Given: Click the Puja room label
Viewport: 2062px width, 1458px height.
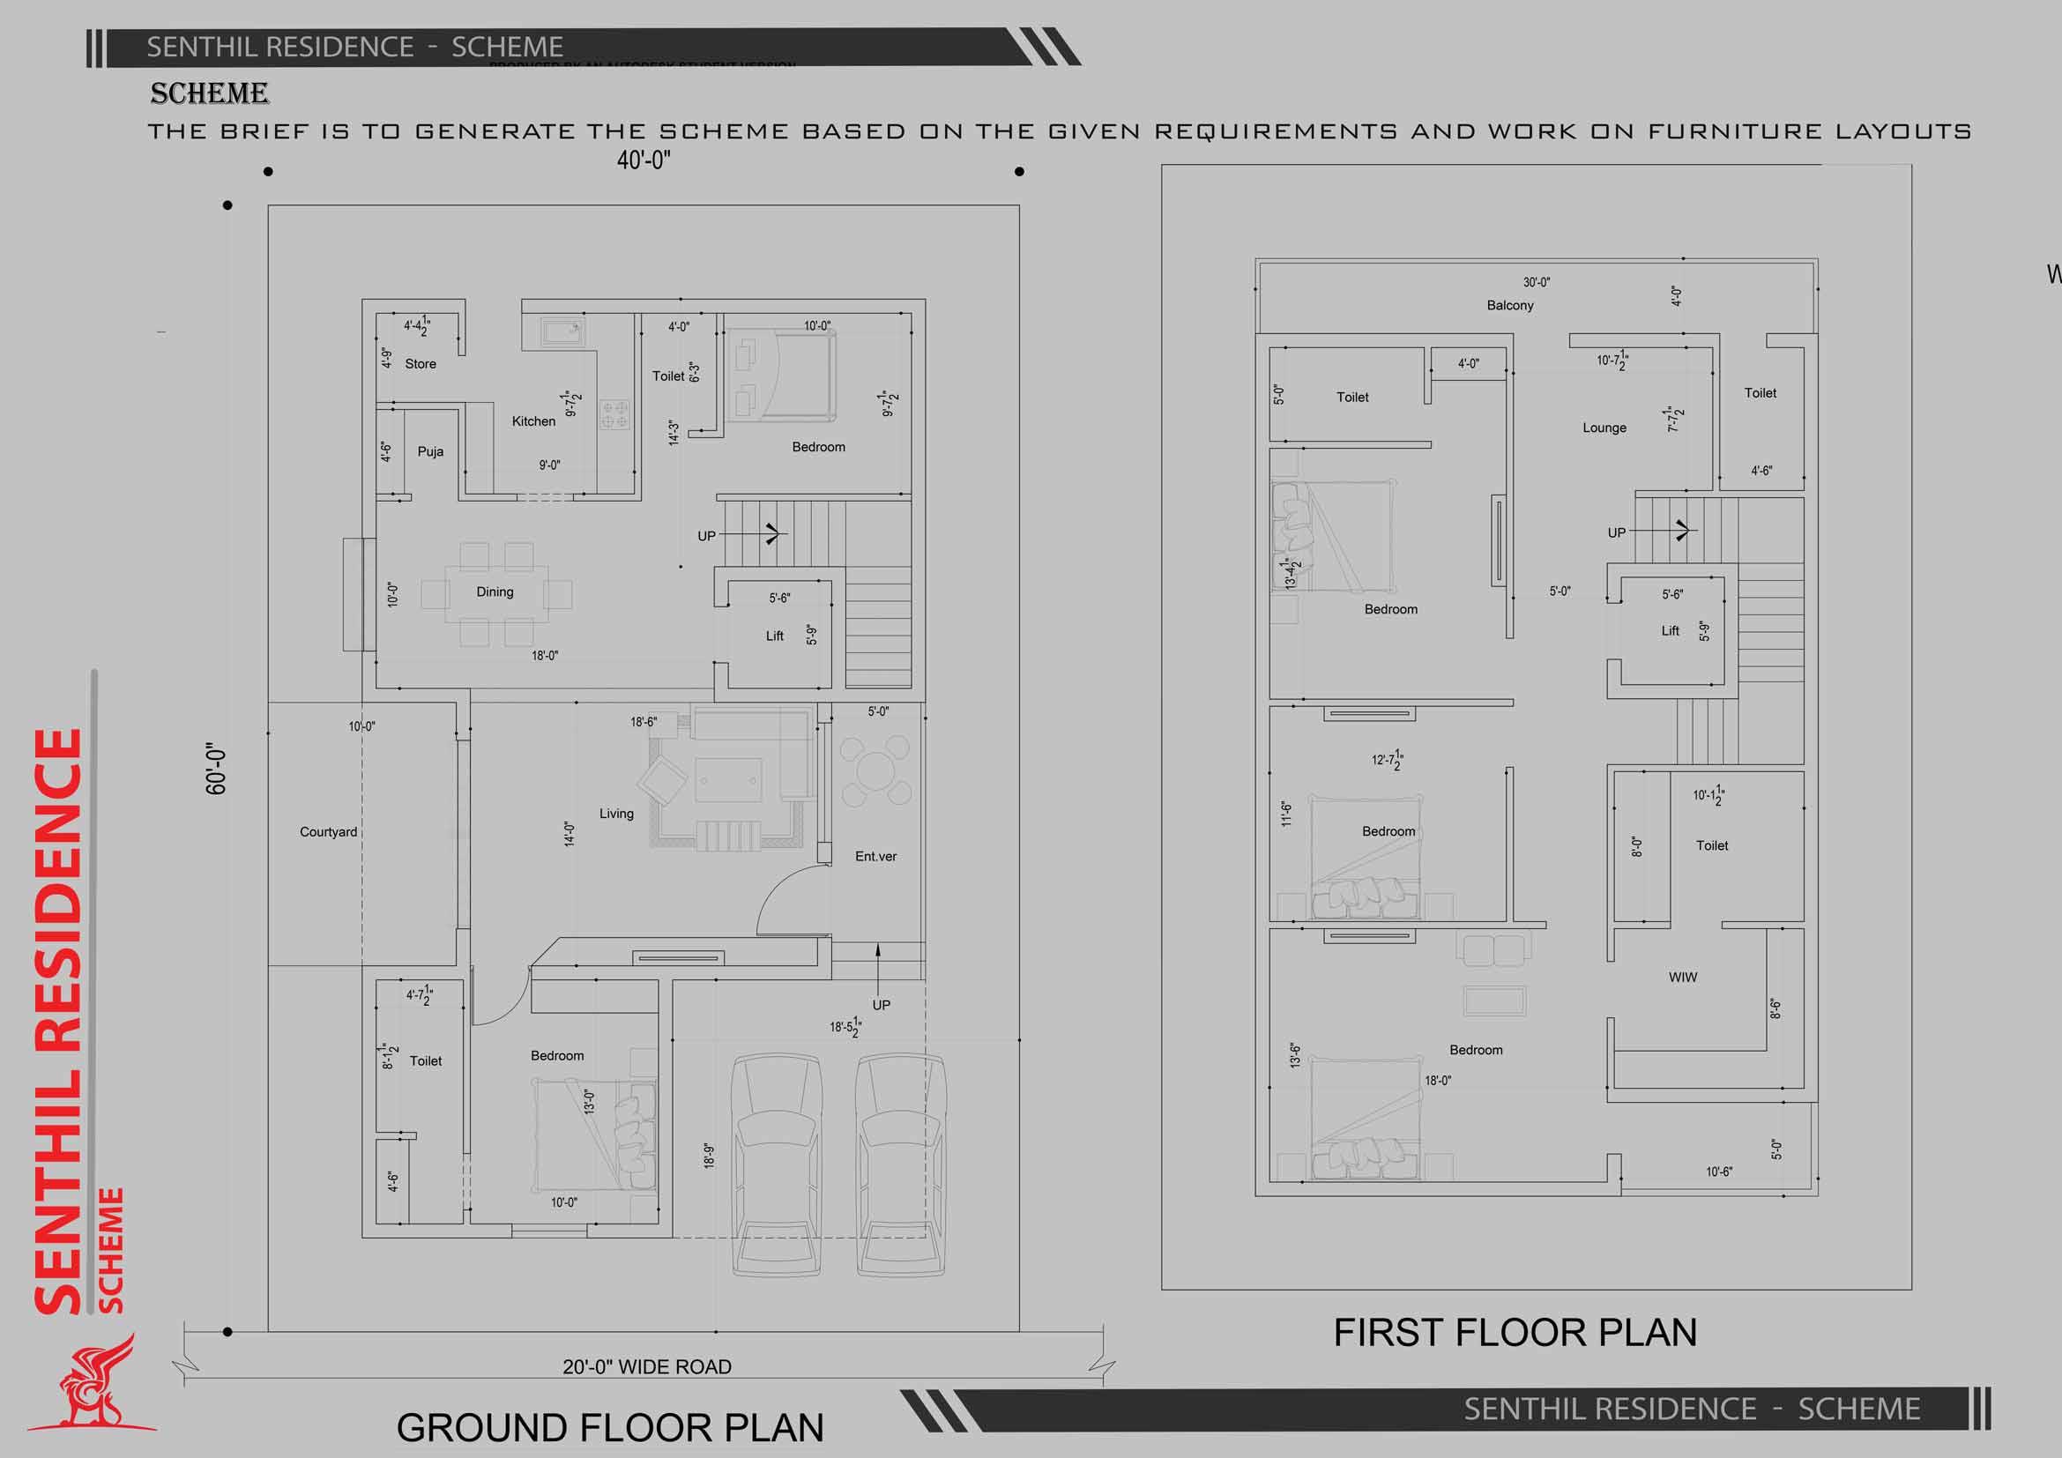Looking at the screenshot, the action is click(430, 451).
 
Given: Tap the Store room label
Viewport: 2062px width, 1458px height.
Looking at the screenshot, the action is click(421, 363).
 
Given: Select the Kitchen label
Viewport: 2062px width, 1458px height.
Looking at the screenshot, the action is click(533, 421).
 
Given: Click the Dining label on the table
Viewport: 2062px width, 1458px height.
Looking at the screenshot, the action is click(495, 591).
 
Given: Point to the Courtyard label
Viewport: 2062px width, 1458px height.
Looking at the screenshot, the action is click(328, 832).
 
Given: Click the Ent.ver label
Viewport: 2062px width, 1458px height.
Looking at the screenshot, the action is click(875, 857).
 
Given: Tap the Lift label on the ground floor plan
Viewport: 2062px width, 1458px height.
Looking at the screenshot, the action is click(774, 636).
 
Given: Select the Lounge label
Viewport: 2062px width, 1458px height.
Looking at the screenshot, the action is click(1604, 428).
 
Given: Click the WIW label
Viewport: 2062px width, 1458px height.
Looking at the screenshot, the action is click(1682, 977).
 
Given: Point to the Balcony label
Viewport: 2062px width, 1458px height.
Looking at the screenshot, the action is click(1509, 305).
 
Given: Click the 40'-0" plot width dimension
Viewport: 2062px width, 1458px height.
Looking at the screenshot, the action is click(643, 160).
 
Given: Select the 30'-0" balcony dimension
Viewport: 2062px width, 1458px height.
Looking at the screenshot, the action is click(1536, 283).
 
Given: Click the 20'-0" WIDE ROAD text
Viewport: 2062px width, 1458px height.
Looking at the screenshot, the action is click(646, 1366).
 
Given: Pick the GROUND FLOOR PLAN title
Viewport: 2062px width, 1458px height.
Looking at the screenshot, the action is click(610, 1426).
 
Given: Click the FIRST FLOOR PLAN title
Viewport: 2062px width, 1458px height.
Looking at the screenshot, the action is click(1515, 1332).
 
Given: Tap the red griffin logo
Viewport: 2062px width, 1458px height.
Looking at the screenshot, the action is click(94, 1387).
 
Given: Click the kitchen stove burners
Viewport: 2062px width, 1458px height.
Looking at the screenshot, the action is click(615, 414).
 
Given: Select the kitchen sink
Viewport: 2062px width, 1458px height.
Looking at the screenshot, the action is click(563, 332).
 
